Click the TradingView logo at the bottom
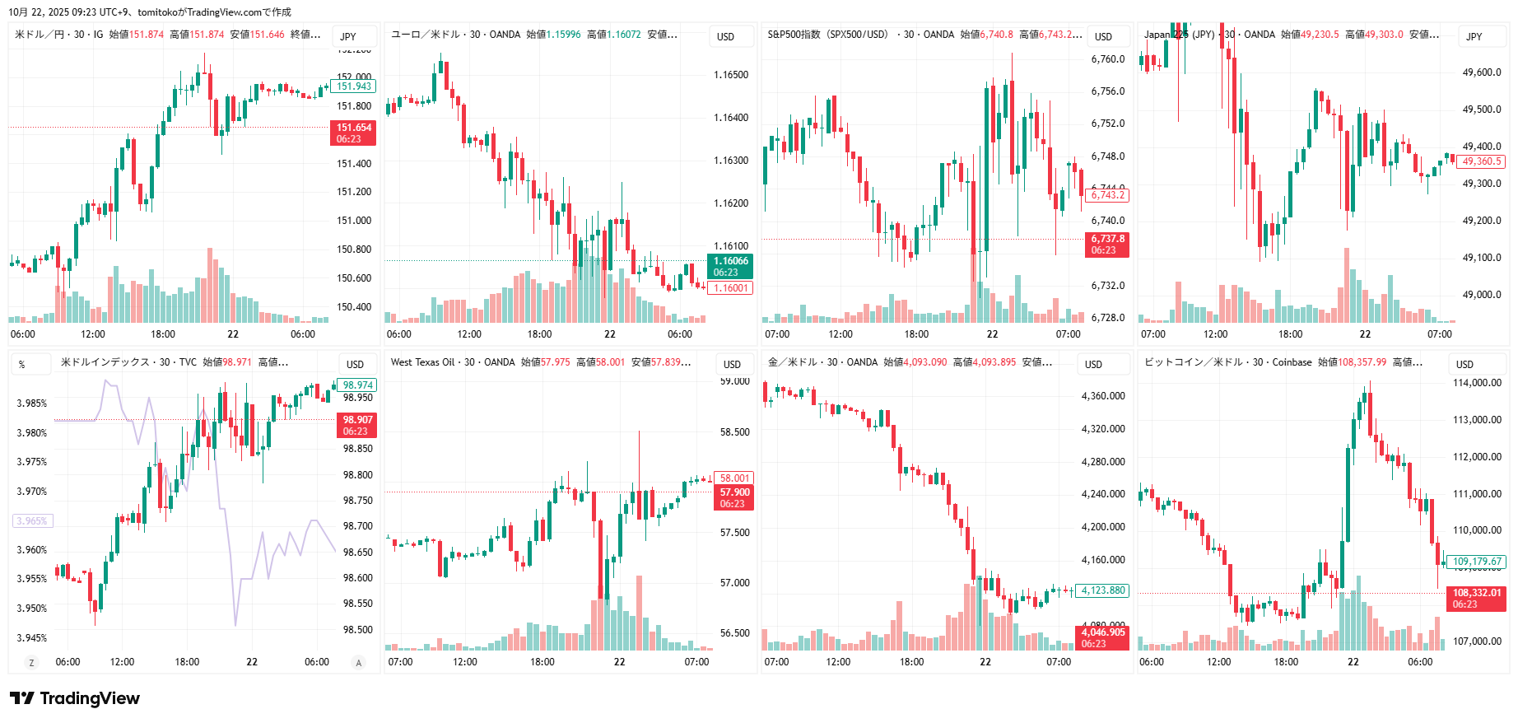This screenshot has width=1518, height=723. pos(75,698)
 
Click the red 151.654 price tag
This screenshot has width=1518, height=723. pos(354,133)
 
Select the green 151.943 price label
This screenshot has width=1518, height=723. pos(354,86)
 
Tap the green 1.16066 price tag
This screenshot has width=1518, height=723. pos(730,267)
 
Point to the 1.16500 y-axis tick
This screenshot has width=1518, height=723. pos(731,75)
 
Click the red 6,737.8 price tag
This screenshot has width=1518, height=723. pos(1107,245)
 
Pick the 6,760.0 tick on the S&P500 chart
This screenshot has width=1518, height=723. pos(1107,59)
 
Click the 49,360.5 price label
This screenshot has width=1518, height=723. pos(1482,161)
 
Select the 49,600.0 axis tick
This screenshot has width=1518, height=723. pos(1482,72)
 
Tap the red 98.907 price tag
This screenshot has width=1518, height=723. pos(357,425)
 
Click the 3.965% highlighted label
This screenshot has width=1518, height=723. pos(32,520)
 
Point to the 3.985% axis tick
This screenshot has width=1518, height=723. pos(32,403)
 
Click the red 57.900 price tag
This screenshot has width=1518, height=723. pos(733,498)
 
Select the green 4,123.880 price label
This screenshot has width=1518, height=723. pos(1103,590)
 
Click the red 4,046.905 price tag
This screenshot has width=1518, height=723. pos(1102,637)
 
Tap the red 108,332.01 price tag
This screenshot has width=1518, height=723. pos(1476,599)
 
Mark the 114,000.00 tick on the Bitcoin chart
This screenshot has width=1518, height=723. pos(1477,383)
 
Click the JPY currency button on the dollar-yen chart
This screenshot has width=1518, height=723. pos(348,36)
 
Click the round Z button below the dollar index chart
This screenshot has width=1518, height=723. pos(31,663)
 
